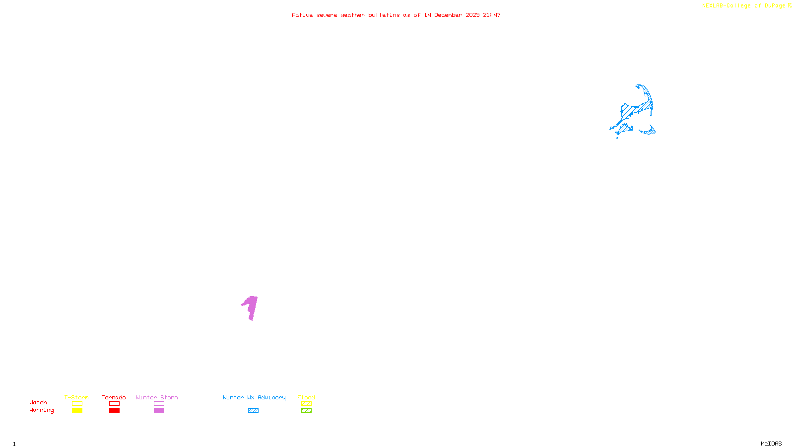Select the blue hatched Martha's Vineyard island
click(x=623, y=129)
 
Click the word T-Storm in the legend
click(x=76, y=397)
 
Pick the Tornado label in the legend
click(x=114, y=397)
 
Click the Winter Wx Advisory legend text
click(x=254, y=397)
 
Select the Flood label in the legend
click(x=306, y=397)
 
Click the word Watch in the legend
click(x=38, y=402)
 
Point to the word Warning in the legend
click(x=41, y=410)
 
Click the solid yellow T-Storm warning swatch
click(x=77, y=411)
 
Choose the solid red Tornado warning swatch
click(x=114, y=411)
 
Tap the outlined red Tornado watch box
click(x=114, y=404)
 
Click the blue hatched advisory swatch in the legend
click(x=253, y=411)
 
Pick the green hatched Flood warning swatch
click(x=306, y=411)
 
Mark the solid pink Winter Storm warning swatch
click(x=159, y=411)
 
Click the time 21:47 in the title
click(x=492, y=15)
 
